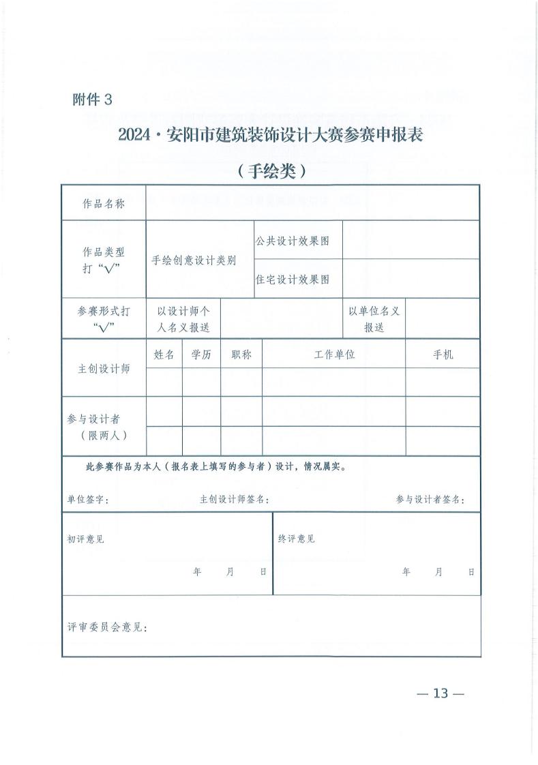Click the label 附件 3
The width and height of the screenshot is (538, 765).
click(91, 100)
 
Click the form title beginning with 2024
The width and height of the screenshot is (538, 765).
click(271, 135)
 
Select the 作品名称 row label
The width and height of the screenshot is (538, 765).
click(104, 203)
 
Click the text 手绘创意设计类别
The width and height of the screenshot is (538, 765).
click(194, 260)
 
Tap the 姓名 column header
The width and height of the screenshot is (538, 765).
click(164, 355)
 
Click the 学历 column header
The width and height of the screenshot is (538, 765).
click(201, 355)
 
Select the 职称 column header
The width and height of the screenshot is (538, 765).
click(241, 355)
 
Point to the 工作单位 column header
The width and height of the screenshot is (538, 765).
click(334, 355)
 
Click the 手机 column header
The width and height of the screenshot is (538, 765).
click(443, 355)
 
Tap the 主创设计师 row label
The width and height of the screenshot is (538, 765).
click(104, 369)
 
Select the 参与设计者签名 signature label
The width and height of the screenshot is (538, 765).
click(430, 500)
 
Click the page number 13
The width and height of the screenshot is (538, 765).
click(440, 693)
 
